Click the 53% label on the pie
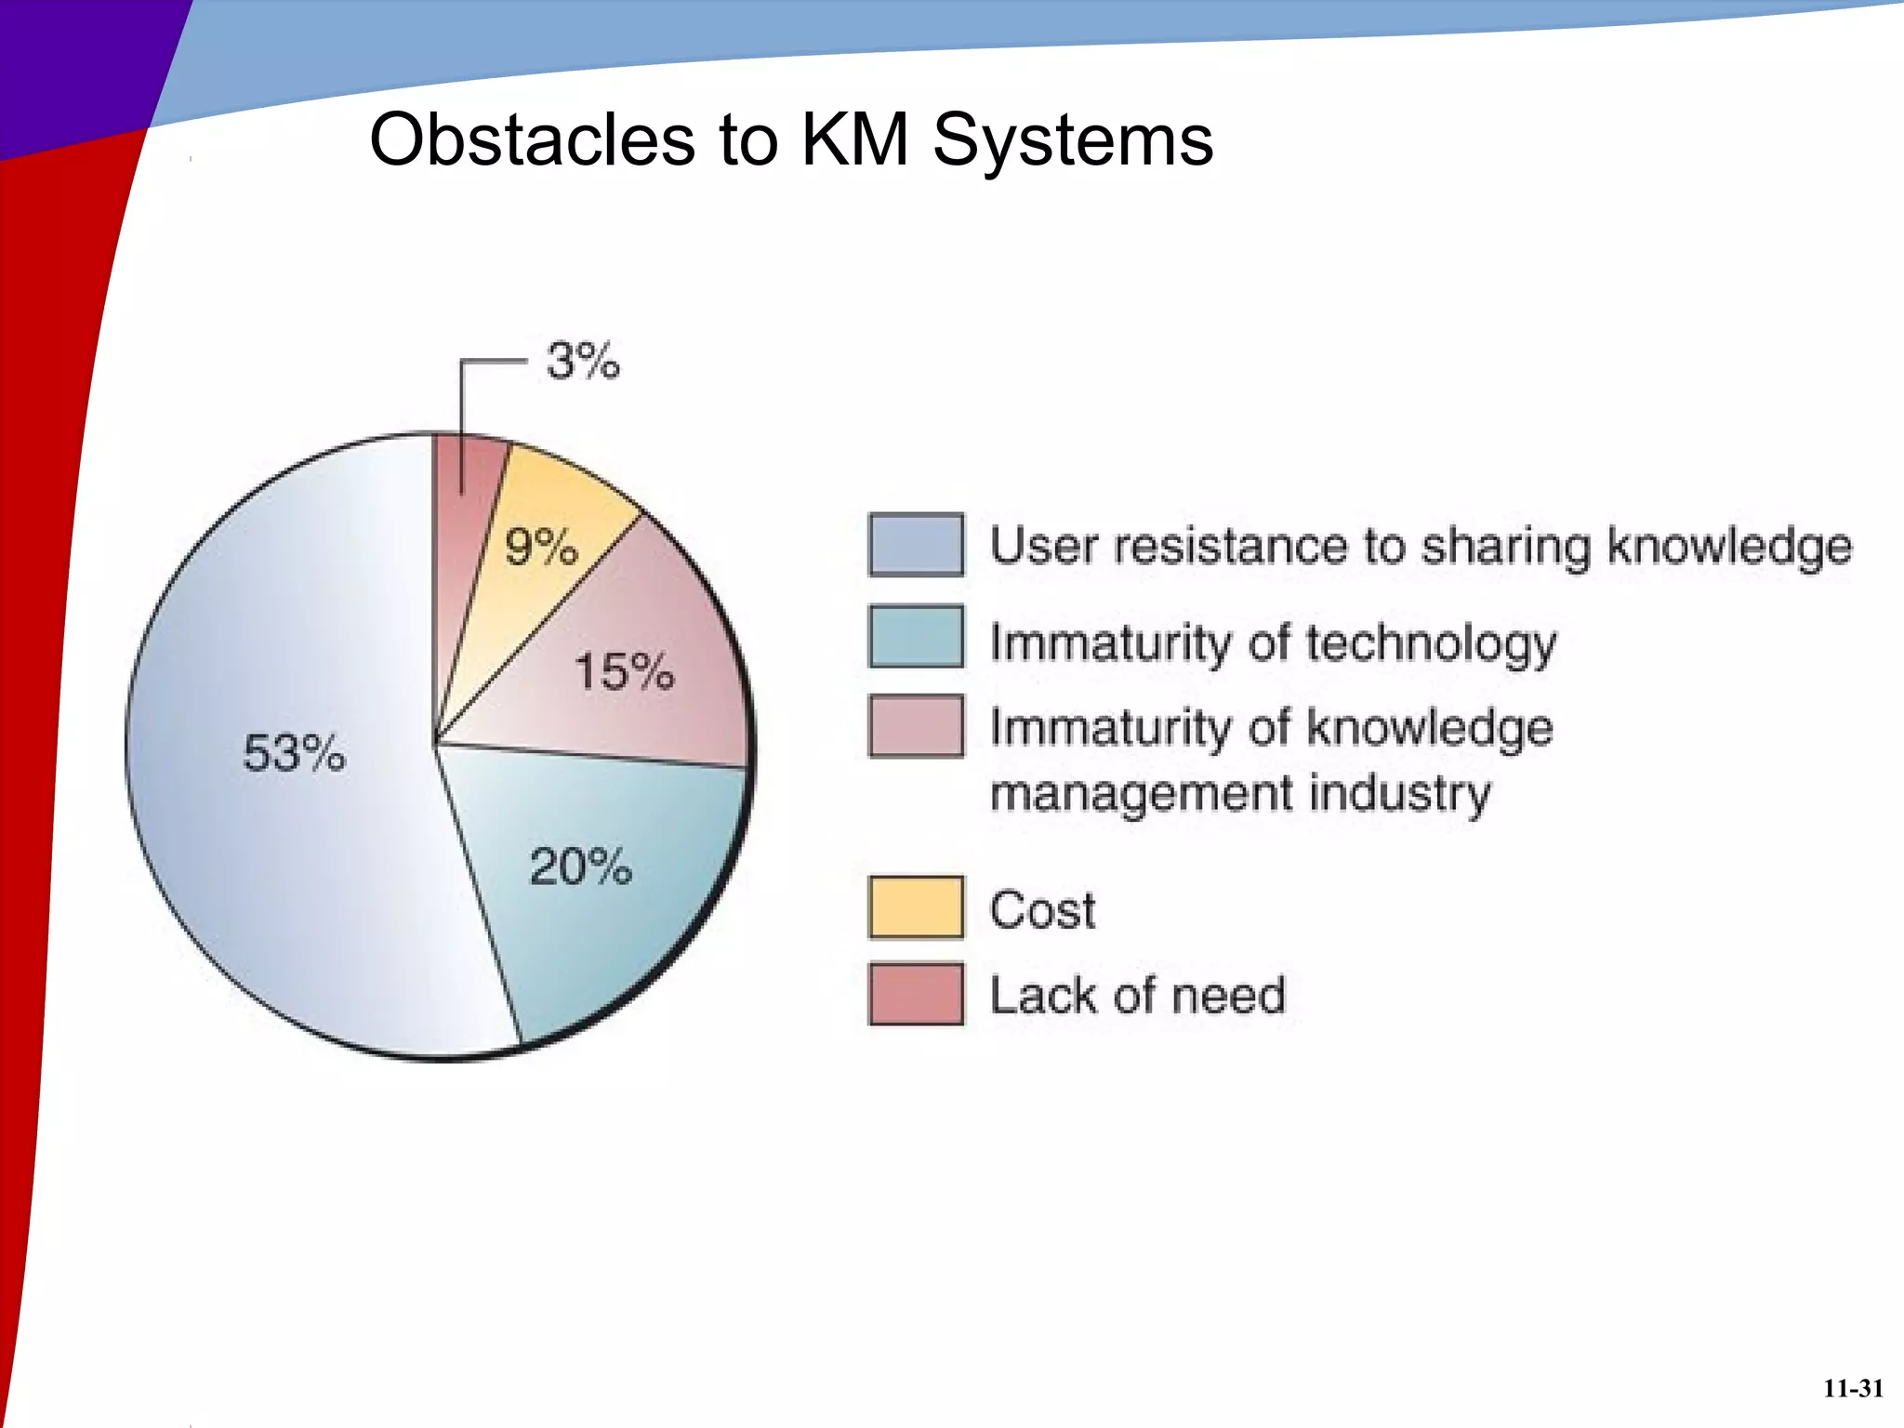click(x=294, y=752)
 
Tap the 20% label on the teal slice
click(x=581, y=867)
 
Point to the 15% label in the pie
click(x=624, y=671)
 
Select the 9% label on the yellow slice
click(x=541, y=547)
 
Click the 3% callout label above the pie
click(x=583, y=361)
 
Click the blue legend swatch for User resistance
click(x=916, y=545)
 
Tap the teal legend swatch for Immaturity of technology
click(x=916, y=637)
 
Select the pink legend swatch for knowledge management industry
click(x=916, y=726)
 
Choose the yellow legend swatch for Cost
click(x=916, y=907)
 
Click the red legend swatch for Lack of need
click(x=916, y=994)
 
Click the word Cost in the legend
click(x=1042, y=909)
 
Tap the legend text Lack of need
click(x=1137, y=995)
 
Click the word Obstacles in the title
click(x=533, y=139)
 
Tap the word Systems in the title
click(x=1073, y=139)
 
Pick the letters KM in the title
click(x=854, y=139)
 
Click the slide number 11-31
click(x=1853, y=1388)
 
